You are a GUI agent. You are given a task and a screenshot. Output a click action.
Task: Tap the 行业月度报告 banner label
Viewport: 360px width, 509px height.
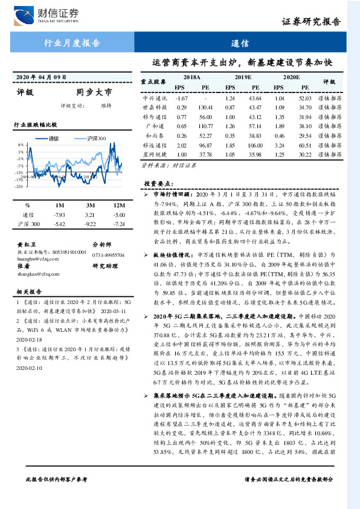coord(72,43)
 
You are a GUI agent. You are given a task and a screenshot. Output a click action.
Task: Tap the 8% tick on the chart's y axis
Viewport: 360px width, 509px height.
coord(20,146)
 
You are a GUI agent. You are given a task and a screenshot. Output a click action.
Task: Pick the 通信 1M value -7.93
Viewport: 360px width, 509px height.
coord(59,215)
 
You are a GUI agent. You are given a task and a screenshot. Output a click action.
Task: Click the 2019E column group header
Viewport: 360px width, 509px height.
coord(243,78)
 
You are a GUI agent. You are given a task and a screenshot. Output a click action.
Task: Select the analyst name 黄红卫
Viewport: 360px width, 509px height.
coord(25,245)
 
